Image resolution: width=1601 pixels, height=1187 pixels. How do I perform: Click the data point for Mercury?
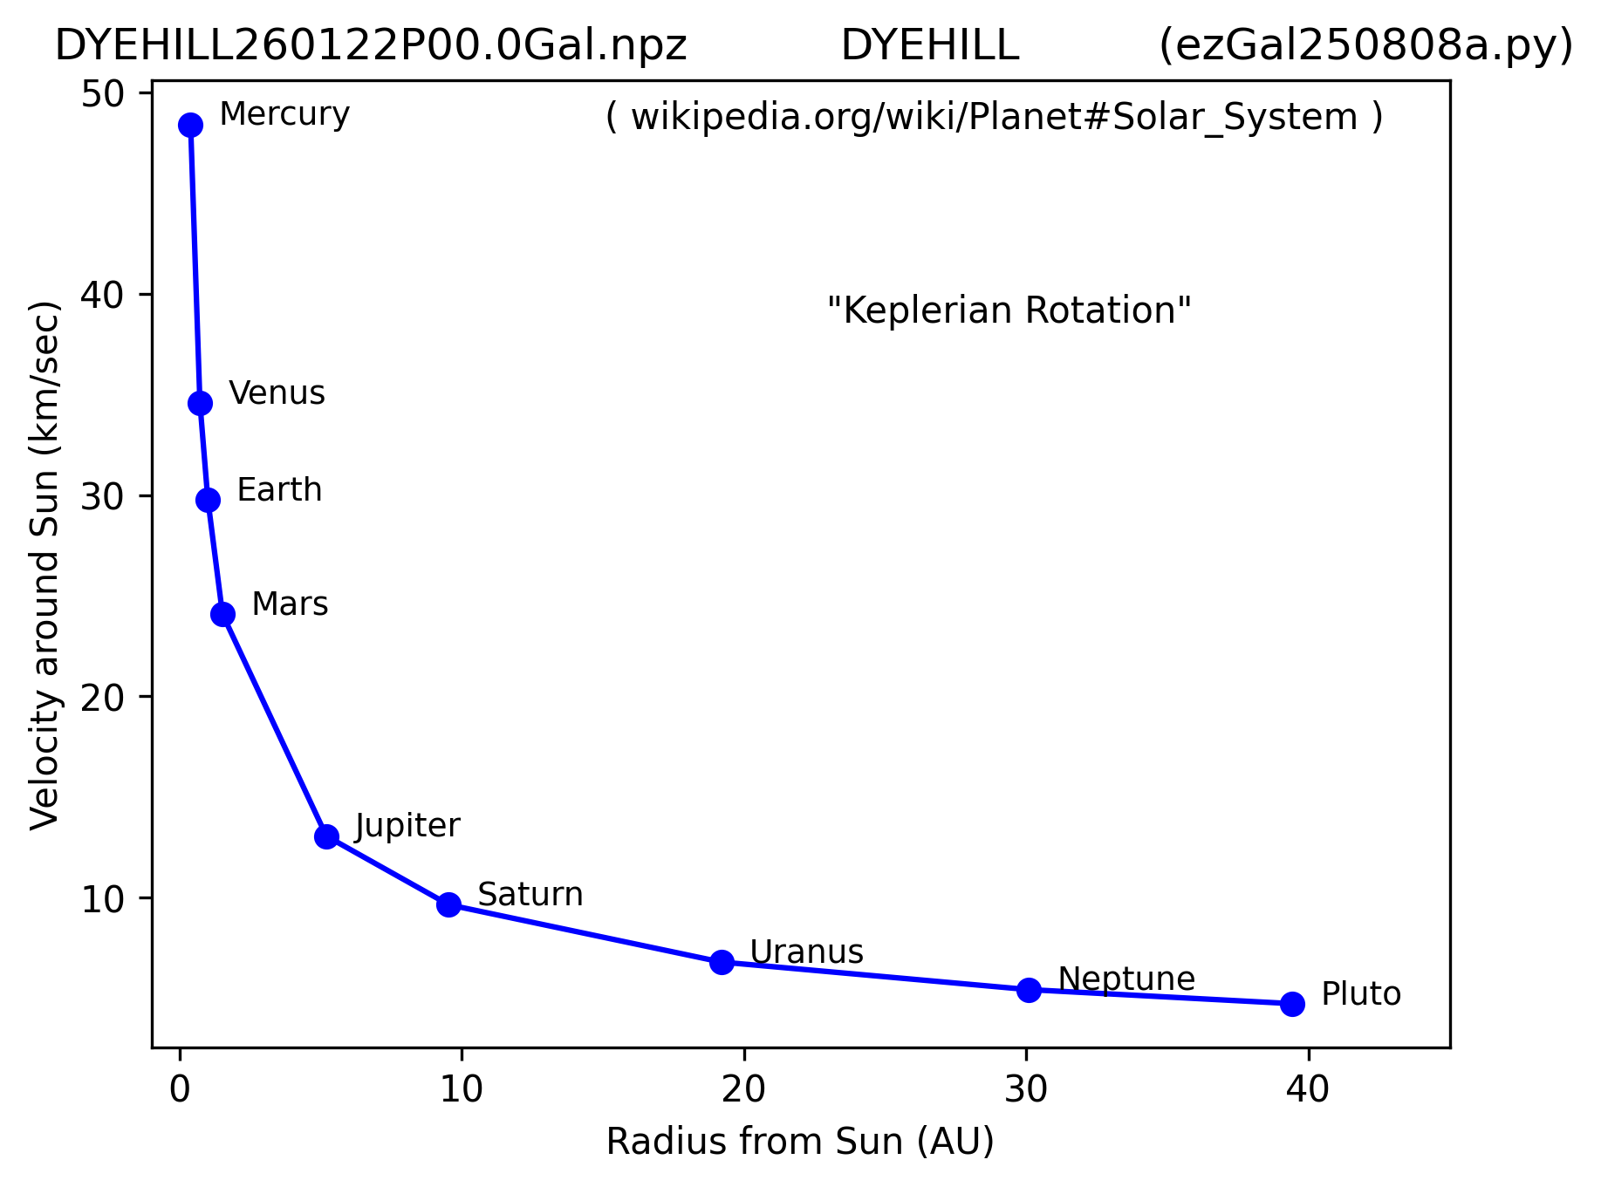coord(190,125)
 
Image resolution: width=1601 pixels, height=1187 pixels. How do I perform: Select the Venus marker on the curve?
coord(200,403)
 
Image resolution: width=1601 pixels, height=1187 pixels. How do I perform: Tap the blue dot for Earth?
coord(208,500)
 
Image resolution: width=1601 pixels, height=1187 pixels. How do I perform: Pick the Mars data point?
coord(222,614)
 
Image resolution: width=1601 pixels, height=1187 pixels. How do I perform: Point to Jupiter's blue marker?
coord(326,836)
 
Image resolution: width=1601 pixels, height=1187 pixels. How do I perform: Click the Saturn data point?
coord(448,904)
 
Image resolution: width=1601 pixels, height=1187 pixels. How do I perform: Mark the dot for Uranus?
coord(722,962)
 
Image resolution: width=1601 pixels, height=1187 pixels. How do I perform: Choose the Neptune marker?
coord(1029,990)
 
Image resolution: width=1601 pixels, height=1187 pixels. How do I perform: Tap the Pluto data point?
coord(1292,1004)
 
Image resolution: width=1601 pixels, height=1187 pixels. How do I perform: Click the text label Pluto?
coord(1360,994)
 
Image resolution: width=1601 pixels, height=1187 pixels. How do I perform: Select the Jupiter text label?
coord(407,825)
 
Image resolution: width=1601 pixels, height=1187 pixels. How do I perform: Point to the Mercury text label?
coord(284,114)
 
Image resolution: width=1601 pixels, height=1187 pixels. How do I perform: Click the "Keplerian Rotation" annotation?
coord(1009,310)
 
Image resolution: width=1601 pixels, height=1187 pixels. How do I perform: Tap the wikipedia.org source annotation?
coord(994,118)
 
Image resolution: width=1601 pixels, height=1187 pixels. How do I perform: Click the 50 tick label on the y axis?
coord(104,94)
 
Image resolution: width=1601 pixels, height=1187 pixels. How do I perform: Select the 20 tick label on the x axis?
coord(743,1089)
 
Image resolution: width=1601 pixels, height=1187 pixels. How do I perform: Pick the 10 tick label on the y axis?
coord(104,899)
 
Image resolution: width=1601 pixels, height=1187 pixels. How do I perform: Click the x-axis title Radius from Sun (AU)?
coord(800,1142)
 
